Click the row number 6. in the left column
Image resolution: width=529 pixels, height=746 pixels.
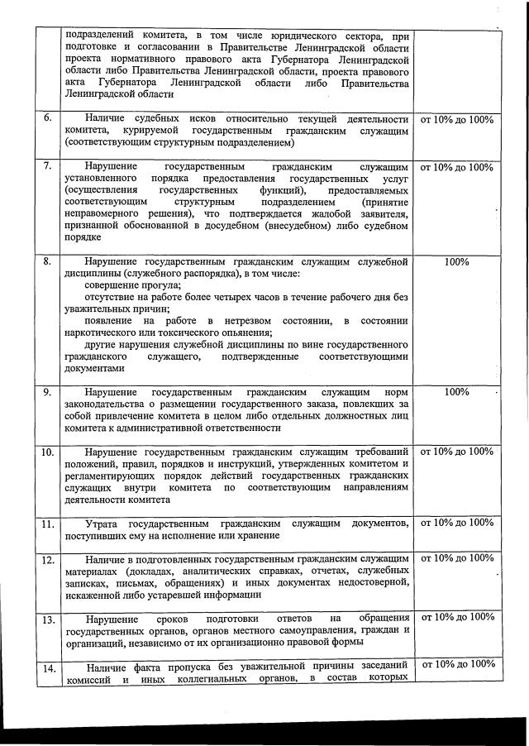(x=48, y=120)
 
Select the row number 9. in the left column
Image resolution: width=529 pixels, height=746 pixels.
(x=48, y=391)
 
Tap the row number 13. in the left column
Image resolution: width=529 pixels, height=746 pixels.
(x=49, y=619)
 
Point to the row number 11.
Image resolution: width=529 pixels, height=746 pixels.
(x=49, y=524)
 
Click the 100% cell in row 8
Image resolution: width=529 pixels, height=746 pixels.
(x=456, y=262)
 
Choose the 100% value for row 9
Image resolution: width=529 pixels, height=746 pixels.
(x=456, y=391)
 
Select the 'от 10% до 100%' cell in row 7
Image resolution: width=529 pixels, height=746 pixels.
(x=456, y=167)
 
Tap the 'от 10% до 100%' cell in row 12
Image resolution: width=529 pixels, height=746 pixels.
(x=456, y=558)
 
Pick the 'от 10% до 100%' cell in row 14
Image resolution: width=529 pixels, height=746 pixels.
(x=456, y=665)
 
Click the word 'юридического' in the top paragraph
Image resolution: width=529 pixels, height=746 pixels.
(x=294, y=36)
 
